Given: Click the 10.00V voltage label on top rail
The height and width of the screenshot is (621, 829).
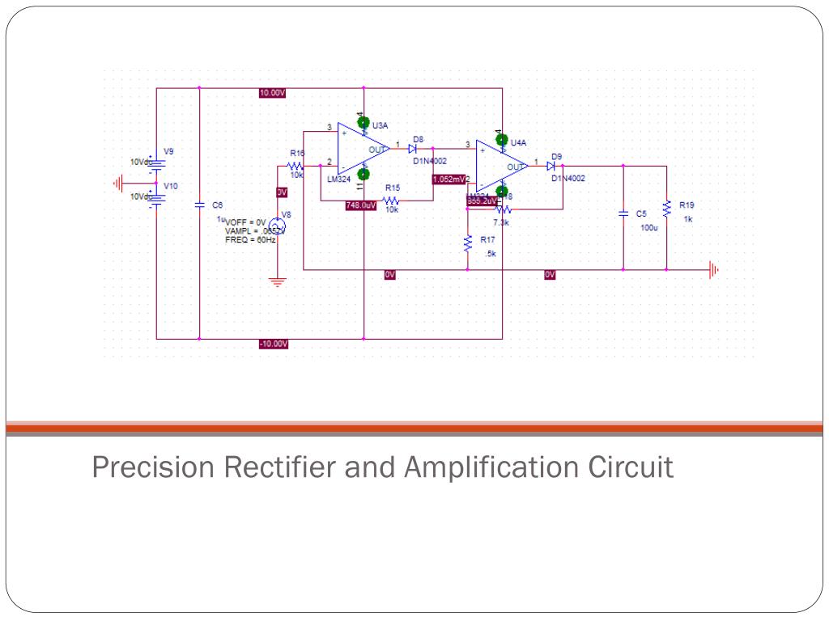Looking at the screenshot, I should click(x=272, y=93).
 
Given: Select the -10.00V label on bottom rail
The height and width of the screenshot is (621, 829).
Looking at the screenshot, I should click(x=273, y=344).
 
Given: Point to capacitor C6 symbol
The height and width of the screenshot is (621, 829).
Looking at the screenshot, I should click(x=200, y=205).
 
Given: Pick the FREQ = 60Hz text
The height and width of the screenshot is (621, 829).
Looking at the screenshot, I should click(x=250, y=240).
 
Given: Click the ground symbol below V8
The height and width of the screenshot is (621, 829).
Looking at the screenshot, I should click(x=278, y=282).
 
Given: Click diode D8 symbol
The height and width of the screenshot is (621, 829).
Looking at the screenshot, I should click(x=414, y=149).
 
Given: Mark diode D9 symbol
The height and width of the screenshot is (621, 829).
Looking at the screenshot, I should click(x=551, y=166).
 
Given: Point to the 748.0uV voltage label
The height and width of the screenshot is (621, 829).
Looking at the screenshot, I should click(x=360, y=205).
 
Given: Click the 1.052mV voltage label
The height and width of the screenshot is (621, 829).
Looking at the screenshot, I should click(x=449, y=179).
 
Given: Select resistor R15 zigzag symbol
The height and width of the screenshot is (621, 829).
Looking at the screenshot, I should click(x=392, y=200).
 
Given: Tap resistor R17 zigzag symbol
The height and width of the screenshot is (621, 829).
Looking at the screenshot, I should click(x=468, y=243).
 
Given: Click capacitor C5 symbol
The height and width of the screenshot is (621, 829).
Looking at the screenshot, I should click(x=623, y=213).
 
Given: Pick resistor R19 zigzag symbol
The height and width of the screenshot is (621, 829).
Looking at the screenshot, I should click(x=666, y=209).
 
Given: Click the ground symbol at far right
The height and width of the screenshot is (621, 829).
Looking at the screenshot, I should click(x=713, y=270).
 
